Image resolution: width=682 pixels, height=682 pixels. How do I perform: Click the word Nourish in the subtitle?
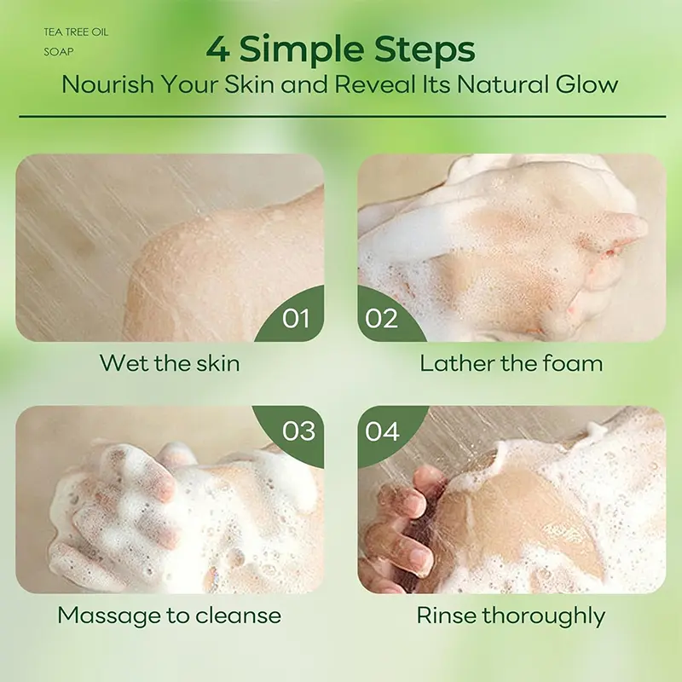tap(108, 84)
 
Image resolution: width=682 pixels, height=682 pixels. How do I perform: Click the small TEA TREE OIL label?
tap(76, 32)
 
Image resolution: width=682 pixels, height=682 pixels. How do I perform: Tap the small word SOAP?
tap(59, 52)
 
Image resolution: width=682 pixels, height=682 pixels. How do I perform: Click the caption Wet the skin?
tap(170, 363)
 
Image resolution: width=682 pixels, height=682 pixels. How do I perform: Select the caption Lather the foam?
tap(511, 363)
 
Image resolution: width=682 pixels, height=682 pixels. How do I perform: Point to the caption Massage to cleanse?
tap(169, 616)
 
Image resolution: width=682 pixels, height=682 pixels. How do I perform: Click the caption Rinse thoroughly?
tap(511, 616)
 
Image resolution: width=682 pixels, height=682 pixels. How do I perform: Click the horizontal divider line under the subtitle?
tap(343, 117)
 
